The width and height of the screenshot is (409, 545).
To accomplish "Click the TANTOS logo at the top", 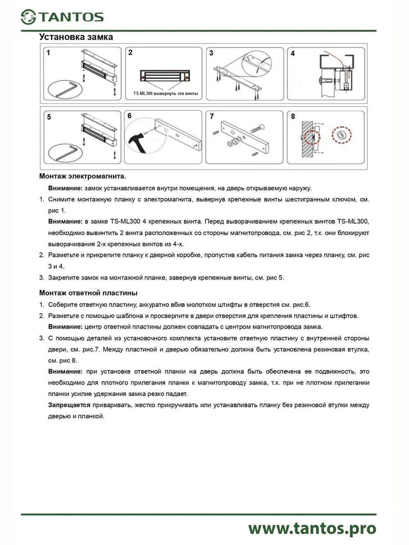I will [62, 17].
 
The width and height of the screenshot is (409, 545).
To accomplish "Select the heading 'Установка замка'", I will [76, 37].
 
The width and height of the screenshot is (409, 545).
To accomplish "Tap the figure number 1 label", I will [48, 53].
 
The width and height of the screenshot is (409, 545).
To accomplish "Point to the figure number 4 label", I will [292, 53].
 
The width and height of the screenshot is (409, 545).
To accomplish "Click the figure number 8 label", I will [293, 117].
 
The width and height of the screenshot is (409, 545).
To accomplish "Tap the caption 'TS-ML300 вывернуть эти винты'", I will [166, 94].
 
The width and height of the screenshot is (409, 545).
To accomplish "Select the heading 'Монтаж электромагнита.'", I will [83, 176].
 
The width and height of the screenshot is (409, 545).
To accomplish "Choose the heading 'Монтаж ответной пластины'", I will [88, 293].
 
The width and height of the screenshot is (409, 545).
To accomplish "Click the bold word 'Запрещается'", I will [69, 405].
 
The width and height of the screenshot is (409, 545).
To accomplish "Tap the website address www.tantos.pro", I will [312, 528].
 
